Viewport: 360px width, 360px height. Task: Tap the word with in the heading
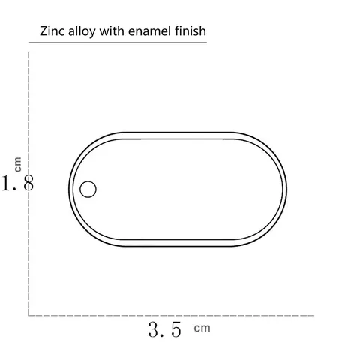112,31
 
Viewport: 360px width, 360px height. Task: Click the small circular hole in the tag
88,189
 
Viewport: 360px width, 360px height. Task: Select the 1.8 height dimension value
17,183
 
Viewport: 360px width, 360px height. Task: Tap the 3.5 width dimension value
164,329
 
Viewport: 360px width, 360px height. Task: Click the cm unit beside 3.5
202,328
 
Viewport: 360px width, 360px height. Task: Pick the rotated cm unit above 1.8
18,164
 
